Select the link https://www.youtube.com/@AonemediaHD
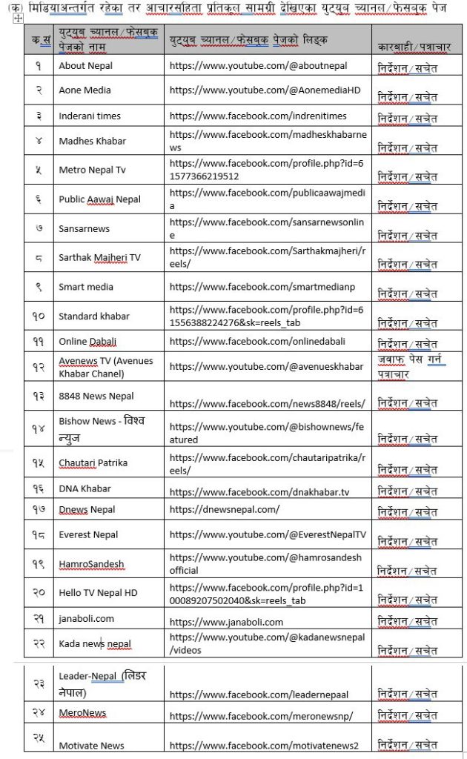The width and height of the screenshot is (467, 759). click(265, 90)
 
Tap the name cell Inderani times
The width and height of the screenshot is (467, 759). click(90, 116)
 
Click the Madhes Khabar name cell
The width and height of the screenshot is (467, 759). click(93, 141)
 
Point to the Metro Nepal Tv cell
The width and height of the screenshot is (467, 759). click(93, 170)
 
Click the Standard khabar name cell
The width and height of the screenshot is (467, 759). click(94, 316)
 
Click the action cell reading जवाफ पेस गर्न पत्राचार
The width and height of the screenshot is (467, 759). click(407, 366)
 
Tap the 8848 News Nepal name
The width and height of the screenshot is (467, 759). click(96, 396)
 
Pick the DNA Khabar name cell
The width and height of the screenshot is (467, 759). click(85, 488)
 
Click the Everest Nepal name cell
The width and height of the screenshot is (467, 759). click(88, 534)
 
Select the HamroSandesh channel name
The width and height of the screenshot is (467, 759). click(91, 563)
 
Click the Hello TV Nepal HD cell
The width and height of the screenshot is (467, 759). click(98, 592)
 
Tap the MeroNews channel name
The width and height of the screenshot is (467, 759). click(82, 713)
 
